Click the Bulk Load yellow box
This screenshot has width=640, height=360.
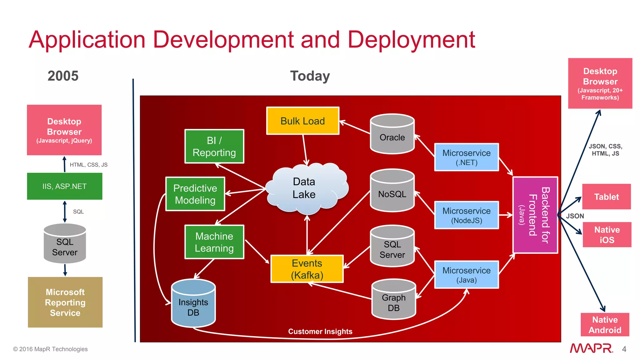[x=302, y=121]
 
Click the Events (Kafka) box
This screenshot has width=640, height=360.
[x=307, y=269]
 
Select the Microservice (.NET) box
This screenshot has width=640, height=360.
[x=466, y=157]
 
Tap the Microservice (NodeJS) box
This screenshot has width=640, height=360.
[x=466, y=215]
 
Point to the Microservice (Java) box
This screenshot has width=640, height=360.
[x=466, y=274]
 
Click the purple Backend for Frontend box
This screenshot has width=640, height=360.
[x=535, y=215]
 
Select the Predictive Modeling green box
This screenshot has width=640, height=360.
[x=195, y=194]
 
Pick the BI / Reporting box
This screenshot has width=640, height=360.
[x=214, y=146]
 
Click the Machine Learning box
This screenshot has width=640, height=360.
[x=214, y=242]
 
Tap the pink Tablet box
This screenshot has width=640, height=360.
[x=606, y=197]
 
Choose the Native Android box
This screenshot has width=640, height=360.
[x=605, y=325]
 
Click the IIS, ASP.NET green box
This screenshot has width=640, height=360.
[x=64, y=186]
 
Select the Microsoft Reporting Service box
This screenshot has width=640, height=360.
[x=65, y=302]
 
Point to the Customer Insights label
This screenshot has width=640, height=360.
[x=320, y=332]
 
